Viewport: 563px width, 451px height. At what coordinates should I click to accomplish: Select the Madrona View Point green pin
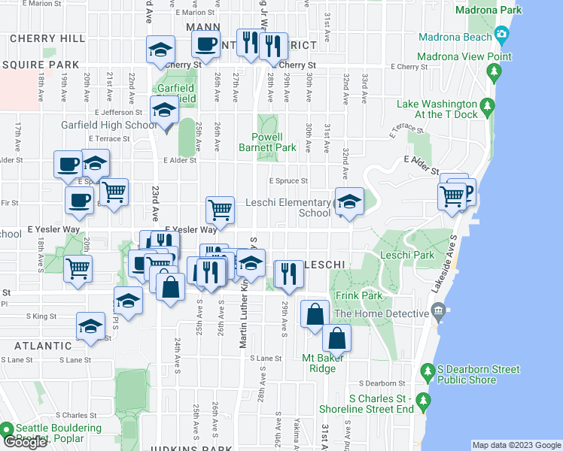[x=494, y=72]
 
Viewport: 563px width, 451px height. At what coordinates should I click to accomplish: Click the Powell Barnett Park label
[x=270, y=143]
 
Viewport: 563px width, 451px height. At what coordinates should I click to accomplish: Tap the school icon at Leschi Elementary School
[x=348, y=201]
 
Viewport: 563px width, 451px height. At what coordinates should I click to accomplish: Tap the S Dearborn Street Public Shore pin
[x=428, y=371]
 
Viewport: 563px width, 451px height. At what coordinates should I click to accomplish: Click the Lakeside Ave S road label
[x=455, y=256]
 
